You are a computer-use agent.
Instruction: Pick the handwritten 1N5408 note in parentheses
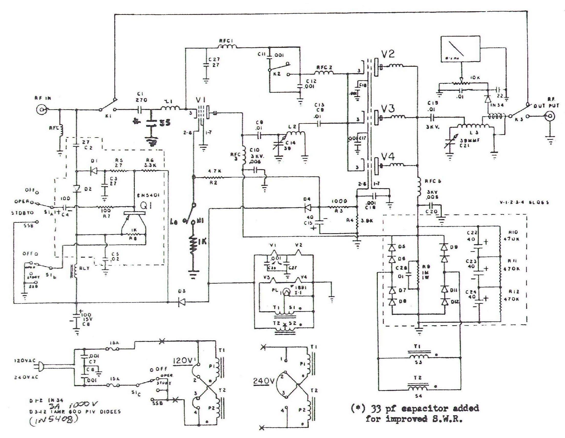pos(53,421)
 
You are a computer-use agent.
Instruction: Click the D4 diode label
pos(308,199)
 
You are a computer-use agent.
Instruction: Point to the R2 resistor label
pos(214,183)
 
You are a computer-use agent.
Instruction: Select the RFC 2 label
pos(324,68)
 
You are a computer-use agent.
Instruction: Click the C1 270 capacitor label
pos(141,97)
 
